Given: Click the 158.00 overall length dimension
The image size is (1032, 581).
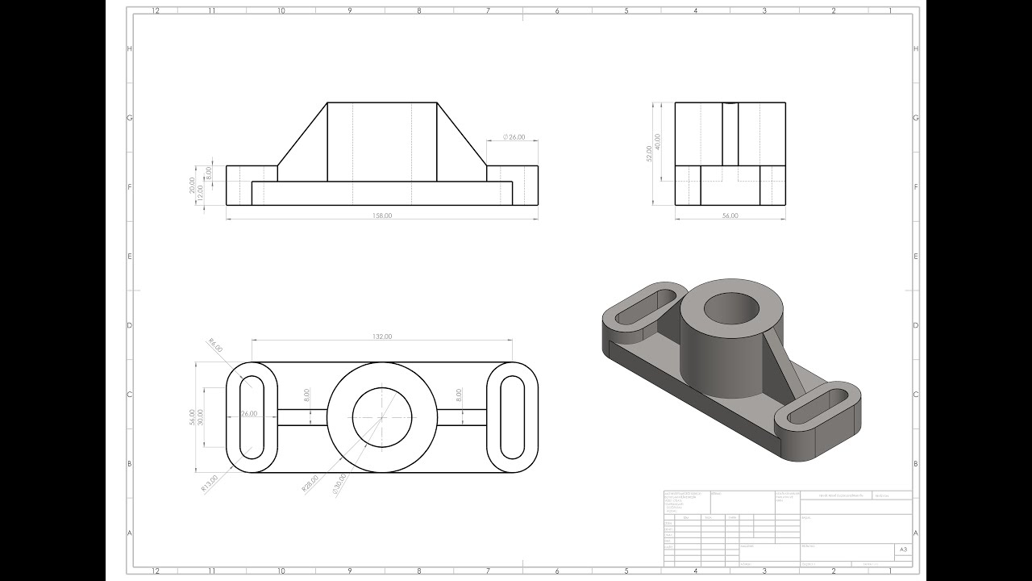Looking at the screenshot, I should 381,215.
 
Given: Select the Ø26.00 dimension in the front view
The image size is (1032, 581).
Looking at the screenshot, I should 514,137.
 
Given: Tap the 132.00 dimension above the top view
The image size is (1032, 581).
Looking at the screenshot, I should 381,336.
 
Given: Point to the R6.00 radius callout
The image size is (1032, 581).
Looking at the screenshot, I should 215,346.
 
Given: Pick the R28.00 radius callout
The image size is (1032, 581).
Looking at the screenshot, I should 310,483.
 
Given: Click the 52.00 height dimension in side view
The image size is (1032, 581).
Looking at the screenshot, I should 649,153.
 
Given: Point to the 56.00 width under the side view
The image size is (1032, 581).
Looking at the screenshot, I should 730,215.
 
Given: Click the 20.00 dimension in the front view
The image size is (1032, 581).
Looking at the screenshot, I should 192,185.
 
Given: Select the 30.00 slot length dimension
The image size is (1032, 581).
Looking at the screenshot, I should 201,416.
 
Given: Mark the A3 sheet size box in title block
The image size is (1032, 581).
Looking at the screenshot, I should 904,550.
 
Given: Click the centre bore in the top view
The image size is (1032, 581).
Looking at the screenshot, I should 382,417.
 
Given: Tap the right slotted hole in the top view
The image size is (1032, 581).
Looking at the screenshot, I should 512,417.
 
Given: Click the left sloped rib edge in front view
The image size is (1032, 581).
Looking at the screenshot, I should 302,134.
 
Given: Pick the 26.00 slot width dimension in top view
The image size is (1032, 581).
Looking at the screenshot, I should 249,413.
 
